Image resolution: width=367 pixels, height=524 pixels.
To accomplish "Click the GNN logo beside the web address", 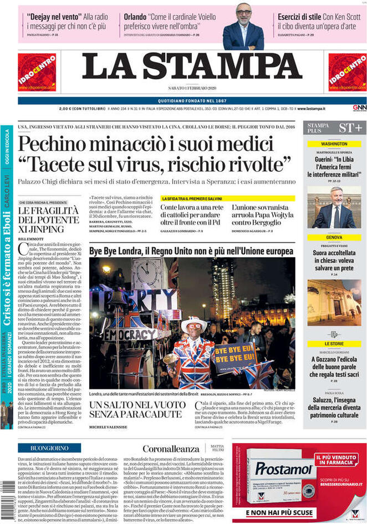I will (x=359, y=108).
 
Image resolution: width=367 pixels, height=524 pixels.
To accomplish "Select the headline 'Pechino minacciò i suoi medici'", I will (x=146, y=145).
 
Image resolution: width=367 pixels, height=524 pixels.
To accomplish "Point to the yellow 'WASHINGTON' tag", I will (x=334, y=144).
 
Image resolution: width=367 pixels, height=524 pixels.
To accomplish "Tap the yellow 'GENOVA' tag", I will (x=334, y=237).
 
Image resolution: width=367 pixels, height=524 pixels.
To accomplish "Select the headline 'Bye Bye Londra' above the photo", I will (x=191, y=251).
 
